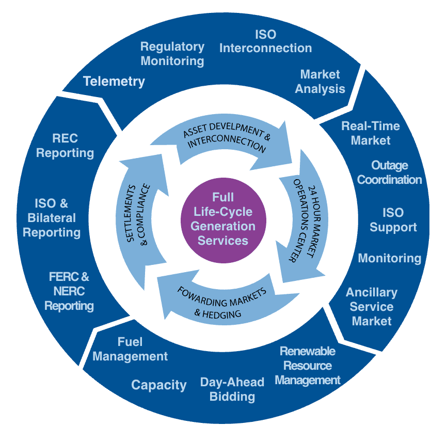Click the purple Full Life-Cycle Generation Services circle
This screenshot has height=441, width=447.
[223, 219]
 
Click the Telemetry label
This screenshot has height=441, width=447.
[114, 81]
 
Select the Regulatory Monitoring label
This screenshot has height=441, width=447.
[172, 54]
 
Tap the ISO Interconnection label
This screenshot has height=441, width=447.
[265, 41]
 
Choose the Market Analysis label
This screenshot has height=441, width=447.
[320, 82]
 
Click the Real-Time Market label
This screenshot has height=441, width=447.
[371, 133]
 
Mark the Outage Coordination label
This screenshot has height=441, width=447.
[390, 172]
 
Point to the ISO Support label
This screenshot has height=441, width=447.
[393, 220]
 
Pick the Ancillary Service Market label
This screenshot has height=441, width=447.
[372, 307]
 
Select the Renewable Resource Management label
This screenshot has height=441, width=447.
[308, 366]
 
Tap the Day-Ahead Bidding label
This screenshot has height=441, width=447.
[232, 389]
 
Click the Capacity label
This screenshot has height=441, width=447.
[159, 385]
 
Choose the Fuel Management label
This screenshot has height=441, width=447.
[130, 349]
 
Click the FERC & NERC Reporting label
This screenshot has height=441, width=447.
[69, 291]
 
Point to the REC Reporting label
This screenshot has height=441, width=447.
[65, 146]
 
